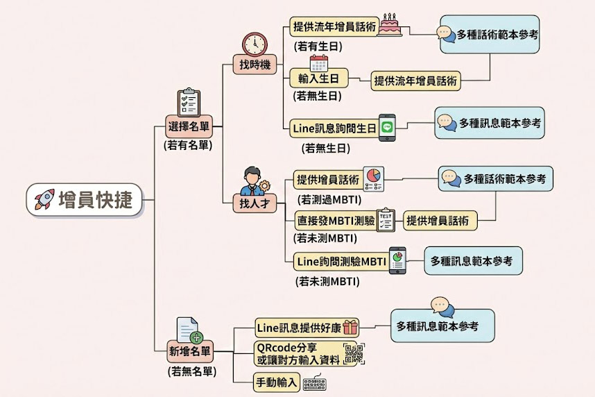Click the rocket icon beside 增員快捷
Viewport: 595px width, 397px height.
coord(44,199)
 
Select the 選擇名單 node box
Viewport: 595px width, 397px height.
coord(189,127)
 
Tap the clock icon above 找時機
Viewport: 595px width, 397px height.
coord(255,44)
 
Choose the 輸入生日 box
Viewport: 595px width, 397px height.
coord(318,78)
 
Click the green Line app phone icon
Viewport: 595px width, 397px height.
coord(388,128)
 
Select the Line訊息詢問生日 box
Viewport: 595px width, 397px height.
coord(334,128)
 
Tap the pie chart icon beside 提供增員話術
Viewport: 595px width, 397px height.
coord(373,178)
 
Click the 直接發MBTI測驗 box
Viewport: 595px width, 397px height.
coord(335,221)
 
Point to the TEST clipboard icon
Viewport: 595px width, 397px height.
coord(386,220)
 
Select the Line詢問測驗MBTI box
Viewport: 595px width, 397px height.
coord(340,262)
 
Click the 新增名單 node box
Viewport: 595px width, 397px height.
coord(190,350)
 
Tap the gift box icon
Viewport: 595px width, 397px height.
coord(350,327)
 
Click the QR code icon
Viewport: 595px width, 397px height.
coord(354,354)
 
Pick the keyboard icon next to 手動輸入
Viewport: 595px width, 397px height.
coord(315,382)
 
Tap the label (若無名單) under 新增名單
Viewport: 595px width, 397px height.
coord(191,371)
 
